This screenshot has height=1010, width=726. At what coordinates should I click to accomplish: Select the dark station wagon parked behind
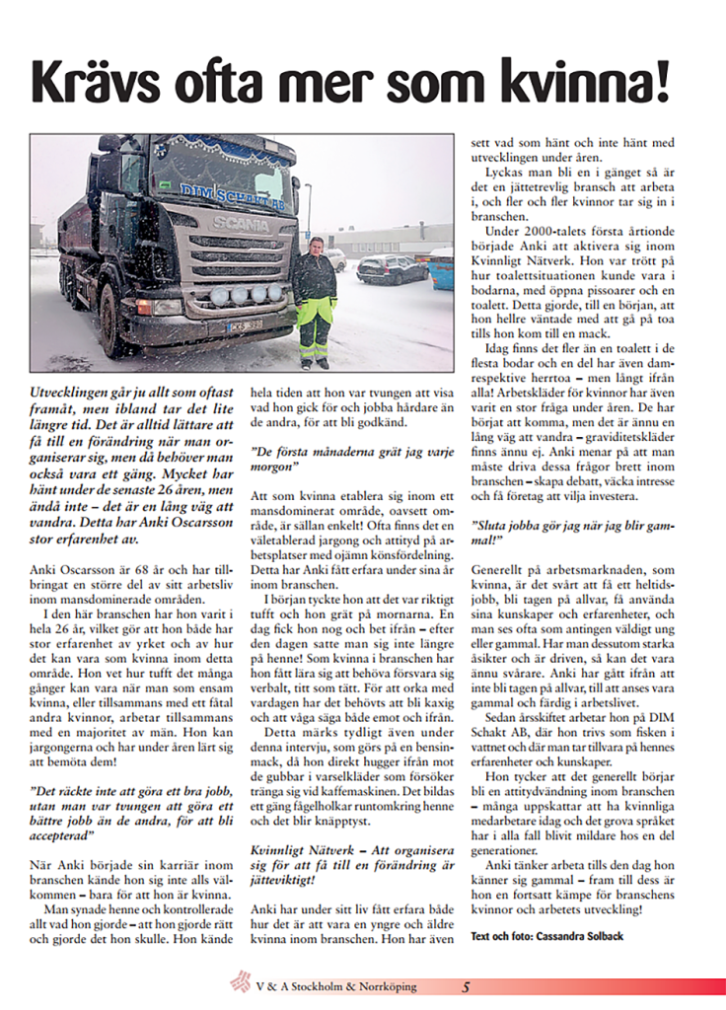coord(391,269)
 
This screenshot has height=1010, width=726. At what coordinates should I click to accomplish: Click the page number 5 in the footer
coord(467,986)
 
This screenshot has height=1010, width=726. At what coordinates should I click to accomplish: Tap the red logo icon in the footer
coord(240,982)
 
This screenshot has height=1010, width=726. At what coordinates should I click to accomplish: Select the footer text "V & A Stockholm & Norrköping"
coord(335,986)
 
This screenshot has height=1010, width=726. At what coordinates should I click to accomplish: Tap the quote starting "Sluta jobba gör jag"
coord(572,534)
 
